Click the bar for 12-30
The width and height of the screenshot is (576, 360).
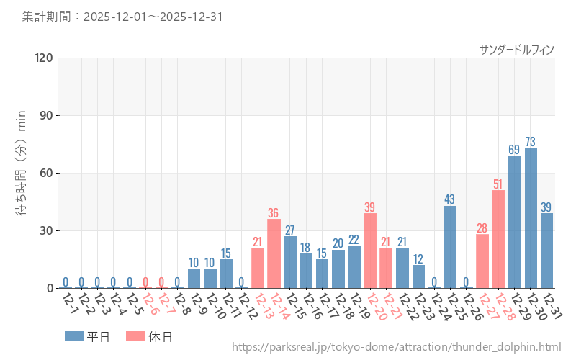531,218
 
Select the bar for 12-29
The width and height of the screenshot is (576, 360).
515,222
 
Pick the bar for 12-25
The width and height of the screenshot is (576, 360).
450,247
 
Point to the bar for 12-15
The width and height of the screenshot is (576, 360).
290,262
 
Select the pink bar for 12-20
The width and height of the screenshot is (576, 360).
370,251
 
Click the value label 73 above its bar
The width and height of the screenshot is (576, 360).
531,141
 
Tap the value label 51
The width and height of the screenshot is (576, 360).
498,184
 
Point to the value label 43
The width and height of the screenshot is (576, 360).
450,199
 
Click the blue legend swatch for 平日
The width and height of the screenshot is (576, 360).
73,336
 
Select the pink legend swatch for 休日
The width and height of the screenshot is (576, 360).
135,336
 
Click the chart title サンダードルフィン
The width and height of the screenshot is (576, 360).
516,49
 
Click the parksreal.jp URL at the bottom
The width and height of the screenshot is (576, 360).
396,347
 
